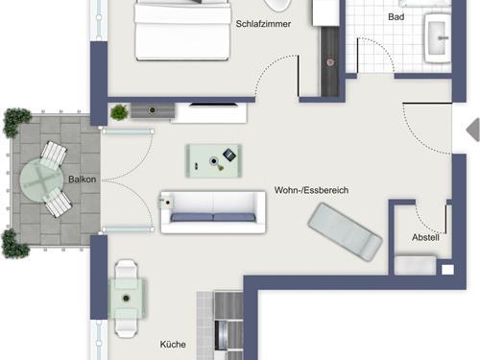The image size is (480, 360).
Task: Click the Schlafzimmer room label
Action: pyautogui.click(x=263, y=24)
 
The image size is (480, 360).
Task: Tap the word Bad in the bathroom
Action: pyautogui.click(x=396, y=16)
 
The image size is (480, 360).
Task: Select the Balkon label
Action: pyautogui.click(x=83, y=180)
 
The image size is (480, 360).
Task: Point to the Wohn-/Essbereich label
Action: pyautogui.click(x=311, y=190)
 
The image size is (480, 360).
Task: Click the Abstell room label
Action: pyautogui.click(x=425, y=237)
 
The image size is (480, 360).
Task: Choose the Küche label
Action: pyautogui.click(x=173, y=345)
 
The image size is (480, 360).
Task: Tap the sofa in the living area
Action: pyautogui.click(x=213, y=212)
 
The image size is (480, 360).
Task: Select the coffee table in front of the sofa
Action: pyautogui.click(x=214, y=160)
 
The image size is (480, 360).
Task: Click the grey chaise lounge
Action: pyautogui.click(x=345, y=232)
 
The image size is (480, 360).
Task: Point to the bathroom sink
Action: pyautogui.click(x=438, y=37)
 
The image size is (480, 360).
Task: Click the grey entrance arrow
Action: pyautogui.click(x=473, y=130)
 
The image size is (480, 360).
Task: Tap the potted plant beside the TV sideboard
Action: pyautogui.click(x=119, y=112)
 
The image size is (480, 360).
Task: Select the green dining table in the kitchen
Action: pyautogui.click(x=127, y=299)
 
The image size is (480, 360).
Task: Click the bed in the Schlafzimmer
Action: pyautogui.click(x=182, y=31)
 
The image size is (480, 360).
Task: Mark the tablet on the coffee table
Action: pyautogui.click(x=229, y=155)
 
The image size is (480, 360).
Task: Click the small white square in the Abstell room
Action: pyautogui.click(x=447, y=270)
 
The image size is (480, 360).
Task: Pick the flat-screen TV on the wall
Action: pyautogui.click(x=213, y=105)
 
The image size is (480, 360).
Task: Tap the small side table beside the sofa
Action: pyautogui.click(x=167, y=203)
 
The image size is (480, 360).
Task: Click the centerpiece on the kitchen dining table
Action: pyautogui.click(x=127, y=299)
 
